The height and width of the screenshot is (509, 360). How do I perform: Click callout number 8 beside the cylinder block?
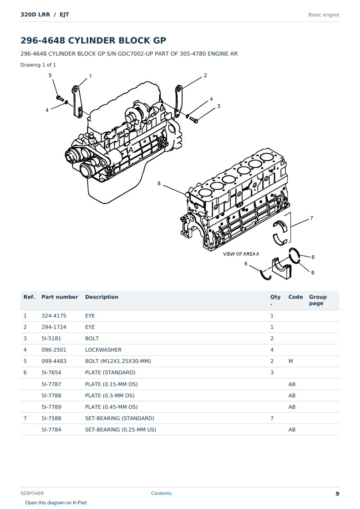pyautogui.click(x=159, y=183)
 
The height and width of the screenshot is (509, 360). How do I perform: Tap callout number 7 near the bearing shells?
pyautogui.click(x=311, y=218)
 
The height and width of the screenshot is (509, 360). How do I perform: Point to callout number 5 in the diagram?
pyautogui.click(x=50, y=75)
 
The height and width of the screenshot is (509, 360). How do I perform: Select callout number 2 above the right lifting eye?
pyautogui.click(x=205, y=75)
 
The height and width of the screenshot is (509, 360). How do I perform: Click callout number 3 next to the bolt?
pyautogui.click(x=218, y=106)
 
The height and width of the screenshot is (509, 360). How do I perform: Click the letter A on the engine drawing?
pyautogui.click(x=131, y=150)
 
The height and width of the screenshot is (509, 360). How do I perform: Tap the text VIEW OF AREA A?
pyautogui.click(x=241, y=254)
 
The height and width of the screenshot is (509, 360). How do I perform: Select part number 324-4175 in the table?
pyautogui.click(x=54, y=316)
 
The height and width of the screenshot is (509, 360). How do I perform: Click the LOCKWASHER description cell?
pyautogui.click(x=103, y=350)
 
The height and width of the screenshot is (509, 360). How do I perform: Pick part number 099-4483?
pyautogui.click(x=54, y=361)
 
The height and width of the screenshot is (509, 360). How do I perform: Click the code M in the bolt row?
pyautogui.click(x=290, y=361)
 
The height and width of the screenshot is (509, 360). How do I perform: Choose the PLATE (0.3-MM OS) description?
pyautogui.click(x=110, y=395)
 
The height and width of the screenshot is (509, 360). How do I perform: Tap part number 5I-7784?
pyautogui.click(x=51, y=430)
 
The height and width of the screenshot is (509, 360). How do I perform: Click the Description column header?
pyautogui.click(x=102, y=297)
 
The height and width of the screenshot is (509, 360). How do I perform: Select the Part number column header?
pyautogui.click(x=60, y=297)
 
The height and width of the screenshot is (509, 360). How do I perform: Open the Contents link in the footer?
pyautogui.click(x=161, y=493)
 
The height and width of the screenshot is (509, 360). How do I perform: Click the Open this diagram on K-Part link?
pyautogui.click(x=56, y=503)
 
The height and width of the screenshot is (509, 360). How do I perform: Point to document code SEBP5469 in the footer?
pyautogui.click(x=32, y=493)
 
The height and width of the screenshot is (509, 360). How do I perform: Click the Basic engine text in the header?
pyautogui.click(x=324, y=15)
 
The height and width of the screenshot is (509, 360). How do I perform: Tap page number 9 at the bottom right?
pyautogui.click(x=337, y=494)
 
